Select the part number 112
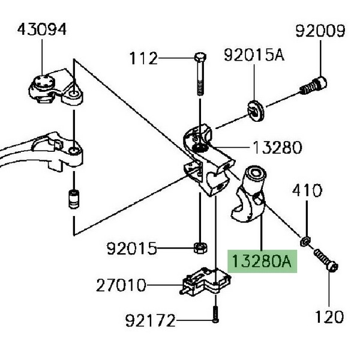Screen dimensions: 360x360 (x=144, y=59)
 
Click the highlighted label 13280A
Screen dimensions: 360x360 (x=262, y=262)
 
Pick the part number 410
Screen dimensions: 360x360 (x=307, y=192)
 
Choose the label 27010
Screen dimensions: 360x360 (x=121, y=286)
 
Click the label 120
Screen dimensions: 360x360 (x=330, y=316)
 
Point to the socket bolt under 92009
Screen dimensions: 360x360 (x=314, y=85)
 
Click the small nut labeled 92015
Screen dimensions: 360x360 (x=199, y=247)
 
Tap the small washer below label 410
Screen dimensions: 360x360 (x=306, y=241)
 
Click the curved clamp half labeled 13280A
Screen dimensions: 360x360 (x=249, y=197)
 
